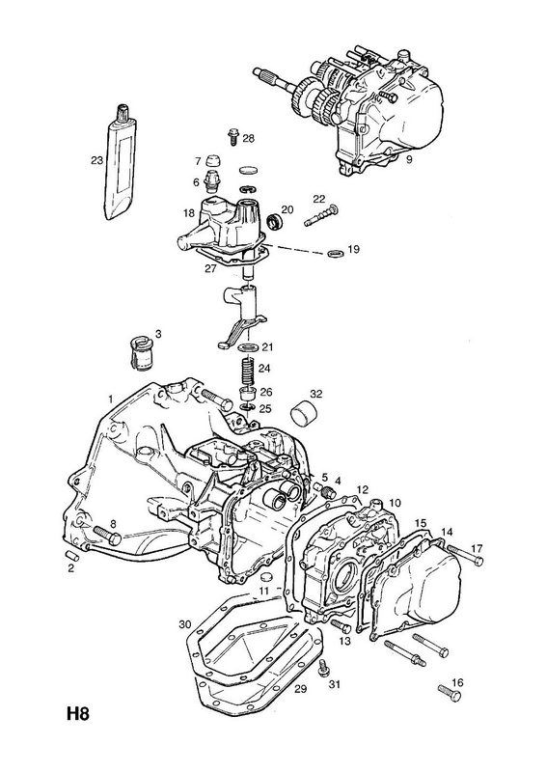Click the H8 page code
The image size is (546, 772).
click(78, 714)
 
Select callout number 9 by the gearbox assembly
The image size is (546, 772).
click(409, 159)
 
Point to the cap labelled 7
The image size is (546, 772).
click(212, 160)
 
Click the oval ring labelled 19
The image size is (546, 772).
click(335, 254)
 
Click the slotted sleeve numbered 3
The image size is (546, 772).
click(140, 353)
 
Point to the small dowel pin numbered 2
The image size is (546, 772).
click(72, 554)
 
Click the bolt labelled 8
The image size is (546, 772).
click(106, 536)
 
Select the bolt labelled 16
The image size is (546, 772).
click(449, 693)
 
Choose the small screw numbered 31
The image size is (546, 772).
click(323, 668)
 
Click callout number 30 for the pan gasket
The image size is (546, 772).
click(184, 624)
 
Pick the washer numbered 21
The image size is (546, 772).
click(249, 348)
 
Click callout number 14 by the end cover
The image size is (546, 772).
click(446, 532)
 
